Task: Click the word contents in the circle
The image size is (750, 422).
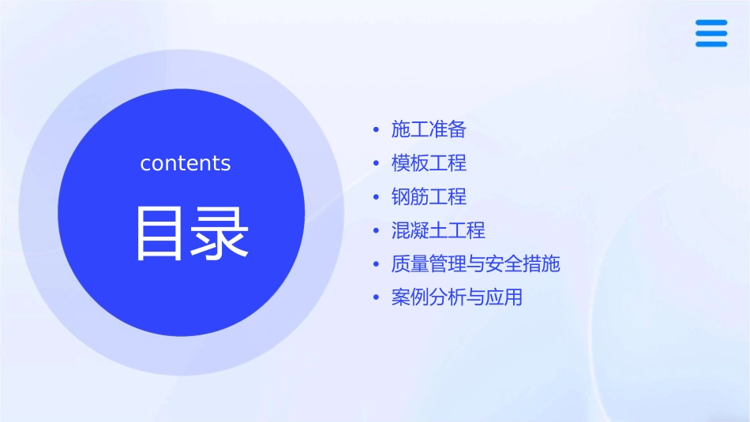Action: tap(186, 163)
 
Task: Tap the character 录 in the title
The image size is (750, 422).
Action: tap(219, 233)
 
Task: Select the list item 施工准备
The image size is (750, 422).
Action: tap(429, 129)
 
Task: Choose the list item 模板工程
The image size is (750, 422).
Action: tap(429, 163)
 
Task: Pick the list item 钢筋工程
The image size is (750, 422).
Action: tap(429, 196)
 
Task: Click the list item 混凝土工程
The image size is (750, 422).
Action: tap(438, 230)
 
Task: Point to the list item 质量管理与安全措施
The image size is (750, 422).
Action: tap(475, 263)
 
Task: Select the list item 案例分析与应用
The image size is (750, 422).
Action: tap(456, 297)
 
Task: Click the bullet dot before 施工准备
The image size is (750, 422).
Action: tap(377, 129)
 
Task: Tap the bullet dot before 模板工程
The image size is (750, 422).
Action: tap(377, 163)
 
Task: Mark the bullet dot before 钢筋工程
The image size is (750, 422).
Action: tap(377, 196)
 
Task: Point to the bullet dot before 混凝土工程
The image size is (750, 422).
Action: tap(377, 230)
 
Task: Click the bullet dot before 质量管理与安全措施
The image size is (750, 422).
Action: tap(377, 263)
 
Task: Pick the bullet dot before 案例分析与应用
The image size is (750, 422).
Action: tap(377, 297)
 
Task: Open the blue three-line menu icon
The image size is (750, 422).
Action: tap(711, 33)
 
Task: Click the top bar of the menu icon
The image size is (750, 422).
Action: tap(711, 23)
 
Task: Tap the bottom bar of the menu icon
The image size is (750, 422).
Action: tap(711, 44)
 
